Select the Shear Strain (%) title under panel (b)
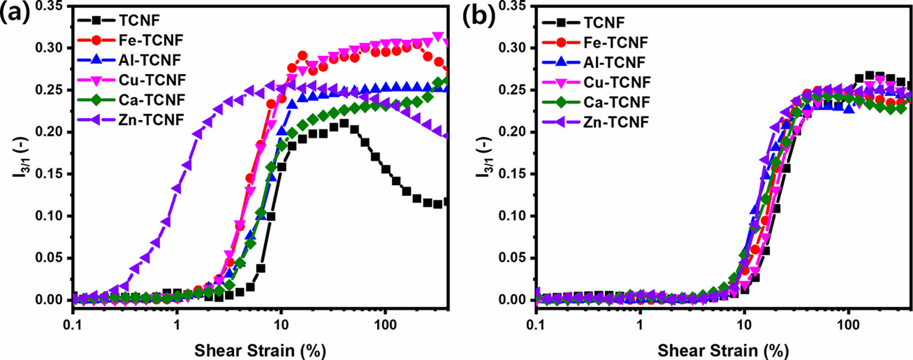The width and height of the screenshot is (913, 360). click(x=723, y=350)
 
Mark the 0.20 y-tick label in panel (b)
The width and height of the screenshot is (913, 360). click(x=512, y=132)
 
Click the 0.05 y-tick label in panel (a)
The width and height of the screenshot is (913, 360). click(x=49, y=258)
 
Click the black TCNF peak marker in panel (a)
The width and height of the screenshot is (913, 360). click(x=343, y=123)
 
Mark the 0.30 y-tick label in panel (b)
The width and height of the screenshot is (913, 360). click(x=512, y=48)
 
